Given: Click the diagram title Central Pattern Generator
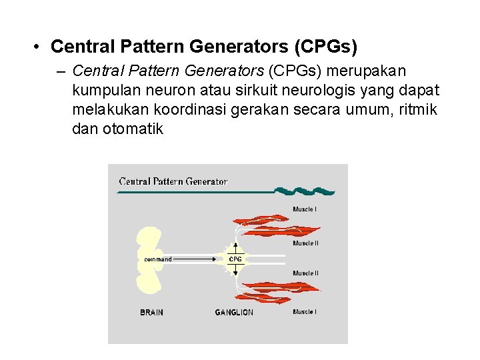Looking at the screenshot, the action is pyautogui.click(x=173, y=181).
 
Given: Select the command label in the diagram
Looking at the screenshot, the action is pyautogui.click(x=158, y=259).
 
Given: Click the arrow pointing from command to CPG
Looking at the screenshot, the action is pyautogui.click(x=200, y=259).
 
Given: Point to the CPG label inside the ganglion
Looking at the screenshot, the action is pyautogui.click(x=235, y=259).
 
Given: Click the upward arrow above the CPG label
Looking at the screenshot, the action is pyautogui.click(x=235, y=247).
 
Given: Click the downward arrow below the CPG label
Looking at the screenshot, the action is pyautogui.click(x=235, y=271).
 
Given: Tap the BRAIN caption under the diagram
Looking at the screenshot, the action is pyautogui.click(x=151, y=312).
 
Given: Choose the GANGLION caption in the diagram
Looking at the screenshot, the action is pyautogui.click(x=234, y=312).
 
